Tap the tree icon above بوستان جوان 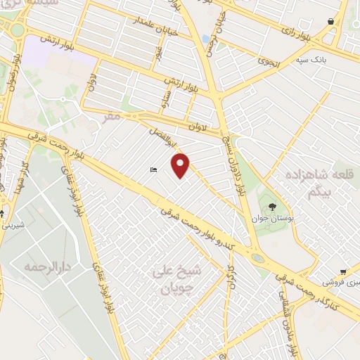coord(272,207)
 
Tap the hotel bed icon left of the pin coord(153,169)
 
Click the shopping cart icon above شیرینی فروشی coord(342,271)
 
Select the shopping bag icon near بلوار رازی coord(330,22)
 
